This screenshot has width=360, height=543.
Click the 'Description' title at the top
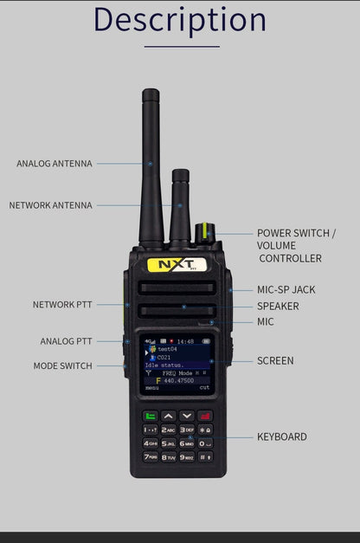coord(179,19)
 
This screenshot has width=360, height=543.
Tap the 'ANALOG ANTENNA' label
coord(54,164)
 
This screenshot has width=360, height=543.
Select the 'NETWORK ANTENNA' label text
coord(50,205)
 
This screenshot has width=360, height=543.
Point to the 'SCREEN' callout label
coord(275,360)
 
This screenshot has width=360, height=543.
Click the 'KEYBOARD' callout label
coord(281,436)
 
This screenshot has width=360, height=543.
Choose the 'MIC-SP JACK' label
coord(286,289)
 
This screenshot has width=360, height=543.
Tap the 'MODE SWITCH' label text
coord(62,366)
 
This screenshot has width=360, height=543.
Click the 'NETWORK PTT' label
coord(62,305)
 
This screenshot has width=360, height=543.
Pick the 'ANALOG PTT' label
coord(66,341)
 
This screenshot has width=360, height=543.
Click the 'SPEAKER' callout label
coord(278,306)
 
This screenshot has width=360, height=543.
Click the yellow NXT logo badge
coord(177,264)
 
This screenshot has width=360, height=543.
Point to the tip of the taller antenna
coord(151,92)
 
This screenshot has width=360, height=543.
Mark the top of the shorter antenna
coord(180,172)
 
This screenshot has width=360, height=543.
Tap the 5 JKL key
coord(168,443)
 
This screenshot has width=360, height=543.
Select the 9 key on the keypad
coord(187,456)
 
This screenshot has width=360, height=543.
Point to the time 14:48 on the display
coord(185,341)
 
